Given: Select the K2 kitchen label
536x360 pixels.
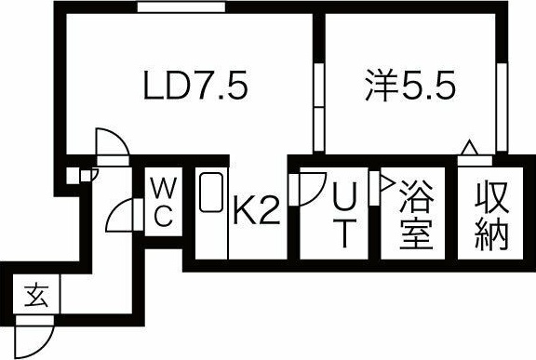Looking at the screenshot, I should (256, 213).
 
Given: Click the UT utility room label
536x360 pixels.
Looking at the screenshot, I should (342, 214).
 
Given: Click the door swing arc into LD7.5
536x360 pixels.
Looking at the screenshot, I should (112, 144).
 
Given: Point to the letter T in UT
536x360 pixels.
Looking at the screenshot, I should (342, 233).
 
